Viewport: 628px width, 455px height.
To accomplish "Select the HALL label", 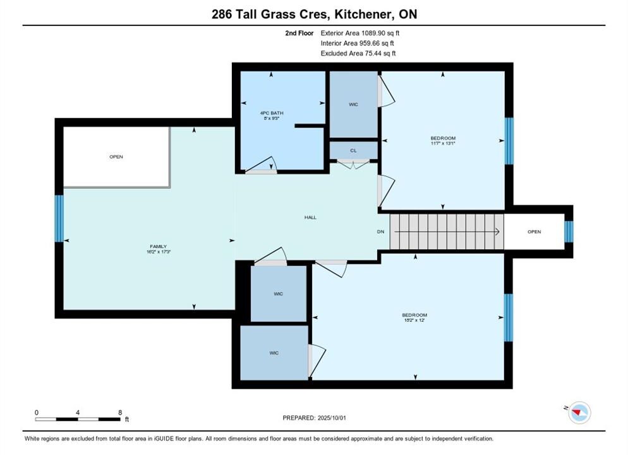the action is click(310, 217).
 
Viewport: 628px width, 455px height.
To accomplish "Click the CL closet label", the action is click(353, 150).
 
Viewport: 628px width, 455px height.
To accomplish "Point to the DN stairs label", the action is click(380, 231).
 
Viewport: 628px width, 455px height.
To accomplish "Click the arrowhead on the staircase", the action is click(497, 231).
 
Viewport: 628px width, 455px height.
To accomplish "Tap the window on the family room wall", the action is click(59, 218).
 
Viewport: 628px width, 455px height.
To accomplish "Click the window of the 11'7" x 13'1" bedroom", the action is click(509, 140).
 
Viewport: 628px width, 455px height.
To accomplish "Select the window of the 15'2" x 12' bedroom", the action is click(508, 318).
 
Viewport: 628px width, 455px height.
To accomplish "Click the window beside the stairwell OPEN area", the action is click(569, 231).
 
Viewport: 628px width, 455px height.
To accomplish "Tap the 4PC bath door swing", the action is click(261, 166).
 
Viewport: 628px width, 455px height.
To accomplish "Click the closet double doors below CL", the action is click(353, 164).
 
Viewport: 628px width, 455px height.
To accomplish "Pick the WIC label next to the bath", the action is click(353, 104).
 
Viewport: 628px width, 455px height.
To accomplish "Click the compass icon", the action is click(579, 412).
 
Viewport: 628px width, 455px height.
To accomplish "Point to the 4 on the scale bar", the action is click(78, 412).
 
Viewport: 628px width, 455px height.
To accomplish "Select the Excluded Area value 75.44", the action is click(372, 53).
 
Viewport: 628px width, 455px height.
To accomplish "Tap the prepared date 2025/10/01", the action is click(332, 418).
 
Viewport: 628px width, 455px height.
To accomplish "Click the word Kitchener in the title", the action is click(363, 15).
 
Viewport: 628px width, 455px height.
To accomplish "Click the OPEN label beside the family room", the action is click(116, 157).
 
